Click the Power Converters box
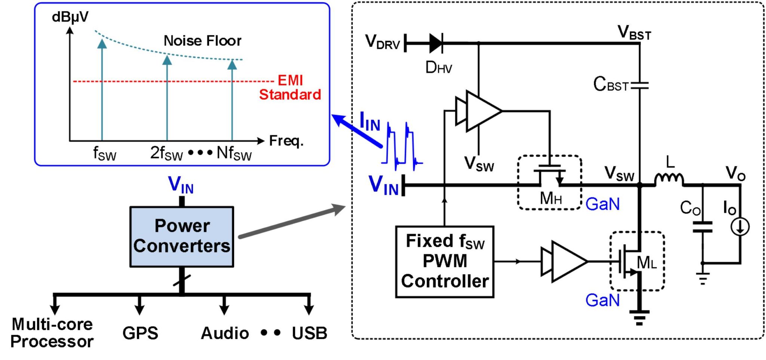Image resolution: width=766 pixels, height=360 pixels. pos(182,236)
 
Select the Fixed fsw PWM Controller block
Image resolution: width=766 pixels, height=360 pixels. pos(444,261)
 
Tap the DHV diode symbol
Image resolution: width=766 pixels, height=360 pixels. pos(436,43)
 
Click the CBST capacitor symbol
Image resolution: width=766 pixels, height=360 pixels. pos(639,86)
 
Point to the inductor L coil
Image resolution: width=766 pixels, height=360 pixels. pos(669,179)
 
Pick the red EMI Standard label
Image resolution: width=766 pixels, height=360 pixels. pos(290,87)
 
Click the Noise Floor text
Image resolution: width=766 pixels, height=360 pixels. pos(202,41)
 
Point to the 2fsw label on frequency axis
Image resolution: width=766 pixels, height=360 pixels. pos(166,153)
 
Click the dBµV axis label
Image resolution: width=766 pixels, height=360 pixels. pos(70,17)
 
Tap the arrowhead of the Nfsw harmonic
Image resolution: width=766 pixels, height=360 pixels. pos(232,65)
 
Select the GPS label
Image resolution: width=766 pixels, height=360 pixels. pos(140,333)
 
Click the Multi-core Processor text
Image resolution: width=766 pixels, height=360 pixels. pos(52,333)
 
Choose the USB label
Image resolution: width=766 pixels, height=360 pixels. pos(309,333)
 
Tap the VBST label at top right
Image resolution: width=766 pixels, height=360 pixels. pos(634,33)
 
